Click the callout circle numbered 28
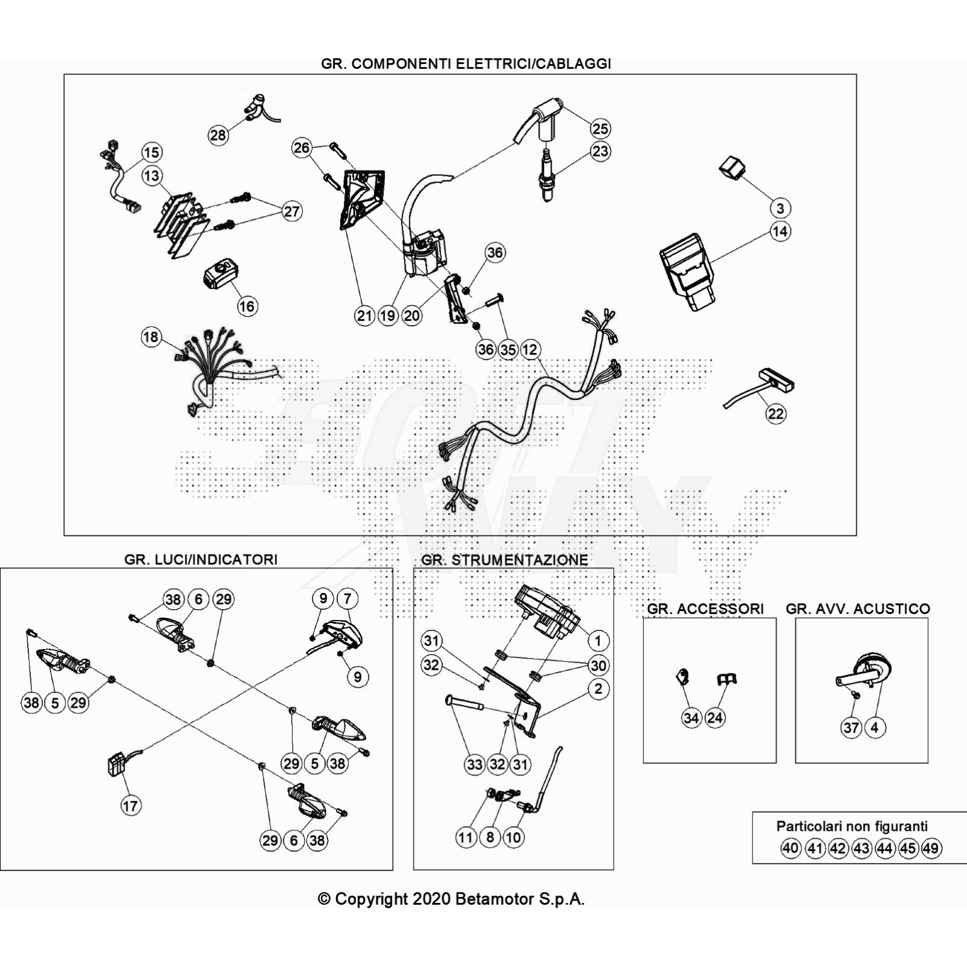[218, 135]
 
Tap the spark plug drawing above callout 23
[546, 175]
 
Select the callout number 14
[780, 231]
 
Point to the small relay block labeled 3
[731, 167]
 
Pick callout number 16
[247, 306]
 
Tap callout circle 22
[776, 414]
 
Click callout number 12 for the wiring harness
[530, 349]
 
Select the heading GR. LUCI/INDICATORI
[201, 560]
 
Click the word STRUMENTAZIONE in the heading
[520, 560]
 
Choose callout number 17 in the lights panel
[131, 806]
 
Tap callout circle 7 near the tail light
[347, 599]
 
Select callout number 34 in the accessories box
[691, 718]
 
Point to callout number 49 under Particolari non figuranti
[931, 849]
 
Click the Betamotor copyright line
[451, 899]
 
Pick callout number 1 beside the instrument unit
[598, 641]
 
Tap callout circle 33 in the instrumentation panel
[475, 765]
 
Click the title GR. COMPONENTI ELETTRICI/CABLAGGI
[466, 64]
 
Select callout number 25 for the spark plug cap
[600, 129]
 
